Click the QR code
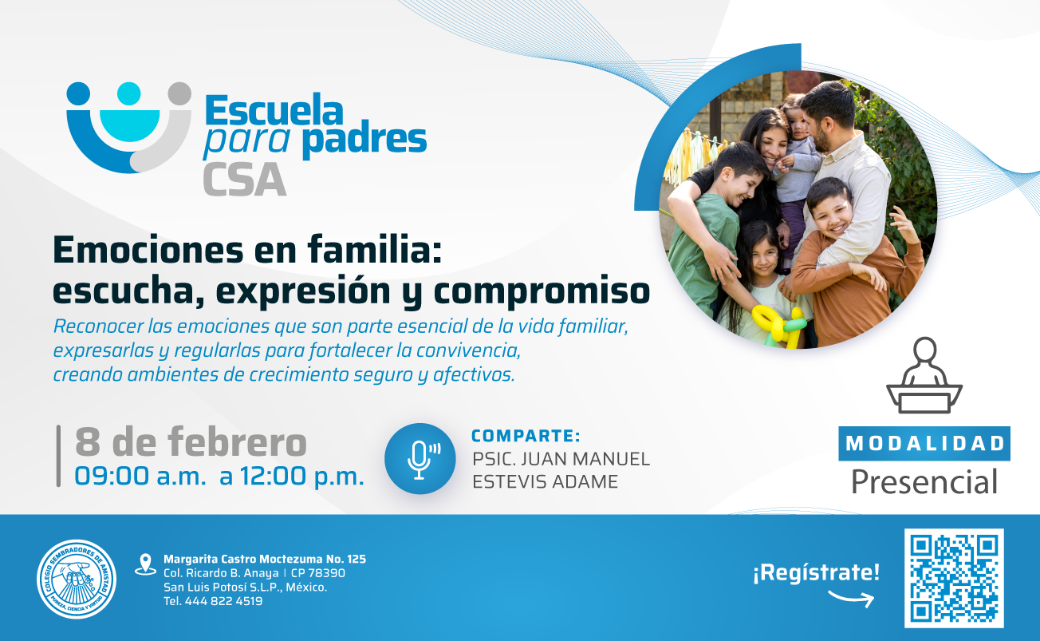(x=954, y=578)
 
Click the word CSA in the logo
(x=244, y=180)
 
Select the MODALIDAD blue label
(x=924, y=444)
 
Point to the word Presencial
(x=924, y=481)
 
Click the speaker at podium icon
(x=924, y=375)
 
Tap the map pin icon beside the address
(x=145, y=564)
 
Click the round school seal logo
(x=77, y=580)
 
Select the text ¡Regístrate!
(x=816, y=572)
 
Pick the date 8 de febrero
(x=191, y=441)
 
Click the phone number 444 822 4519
(x=224, y=601)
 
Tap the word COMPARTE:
(x=526, y=436)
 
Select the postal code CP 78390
(x=318, y=573)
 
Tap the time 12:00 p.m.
(x=302, y=477)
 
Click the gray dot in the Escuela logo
(x=179, y=93)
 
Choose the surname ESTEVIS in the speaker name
(x=509, y=482)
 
